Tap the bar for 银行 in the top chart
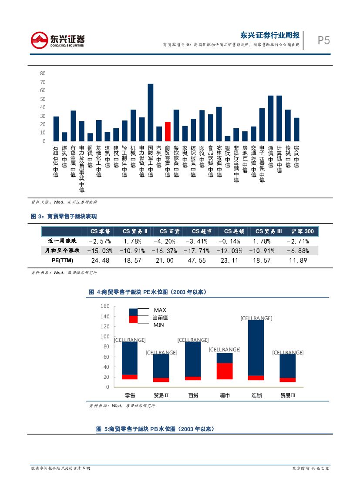228,139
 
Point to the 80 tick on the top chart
43,74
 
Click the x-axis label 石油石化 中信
56,161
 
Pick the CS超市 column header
201,231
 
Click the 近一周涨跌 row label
61,241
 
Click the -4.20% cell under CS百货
164,241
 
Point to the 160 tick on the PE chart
104,306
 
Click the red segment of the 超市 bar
225,371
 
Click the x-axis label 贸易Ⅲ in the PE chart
288,395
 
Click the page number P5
323,41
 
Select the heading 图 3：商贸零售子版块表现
64,216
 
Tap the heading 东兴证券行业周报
269,35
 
